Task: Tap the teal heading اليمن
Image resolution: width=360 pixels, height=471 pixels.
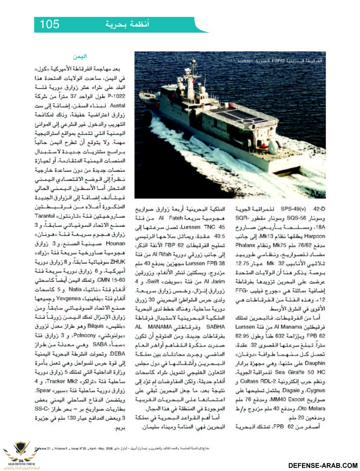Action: click(x=80, y=57)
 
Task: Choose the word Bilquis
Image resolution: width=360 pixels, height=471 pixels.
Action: click(x=95, y=326)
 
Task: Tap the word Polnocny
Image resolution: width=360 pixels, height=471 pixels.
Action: click(x=86, y=335)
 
